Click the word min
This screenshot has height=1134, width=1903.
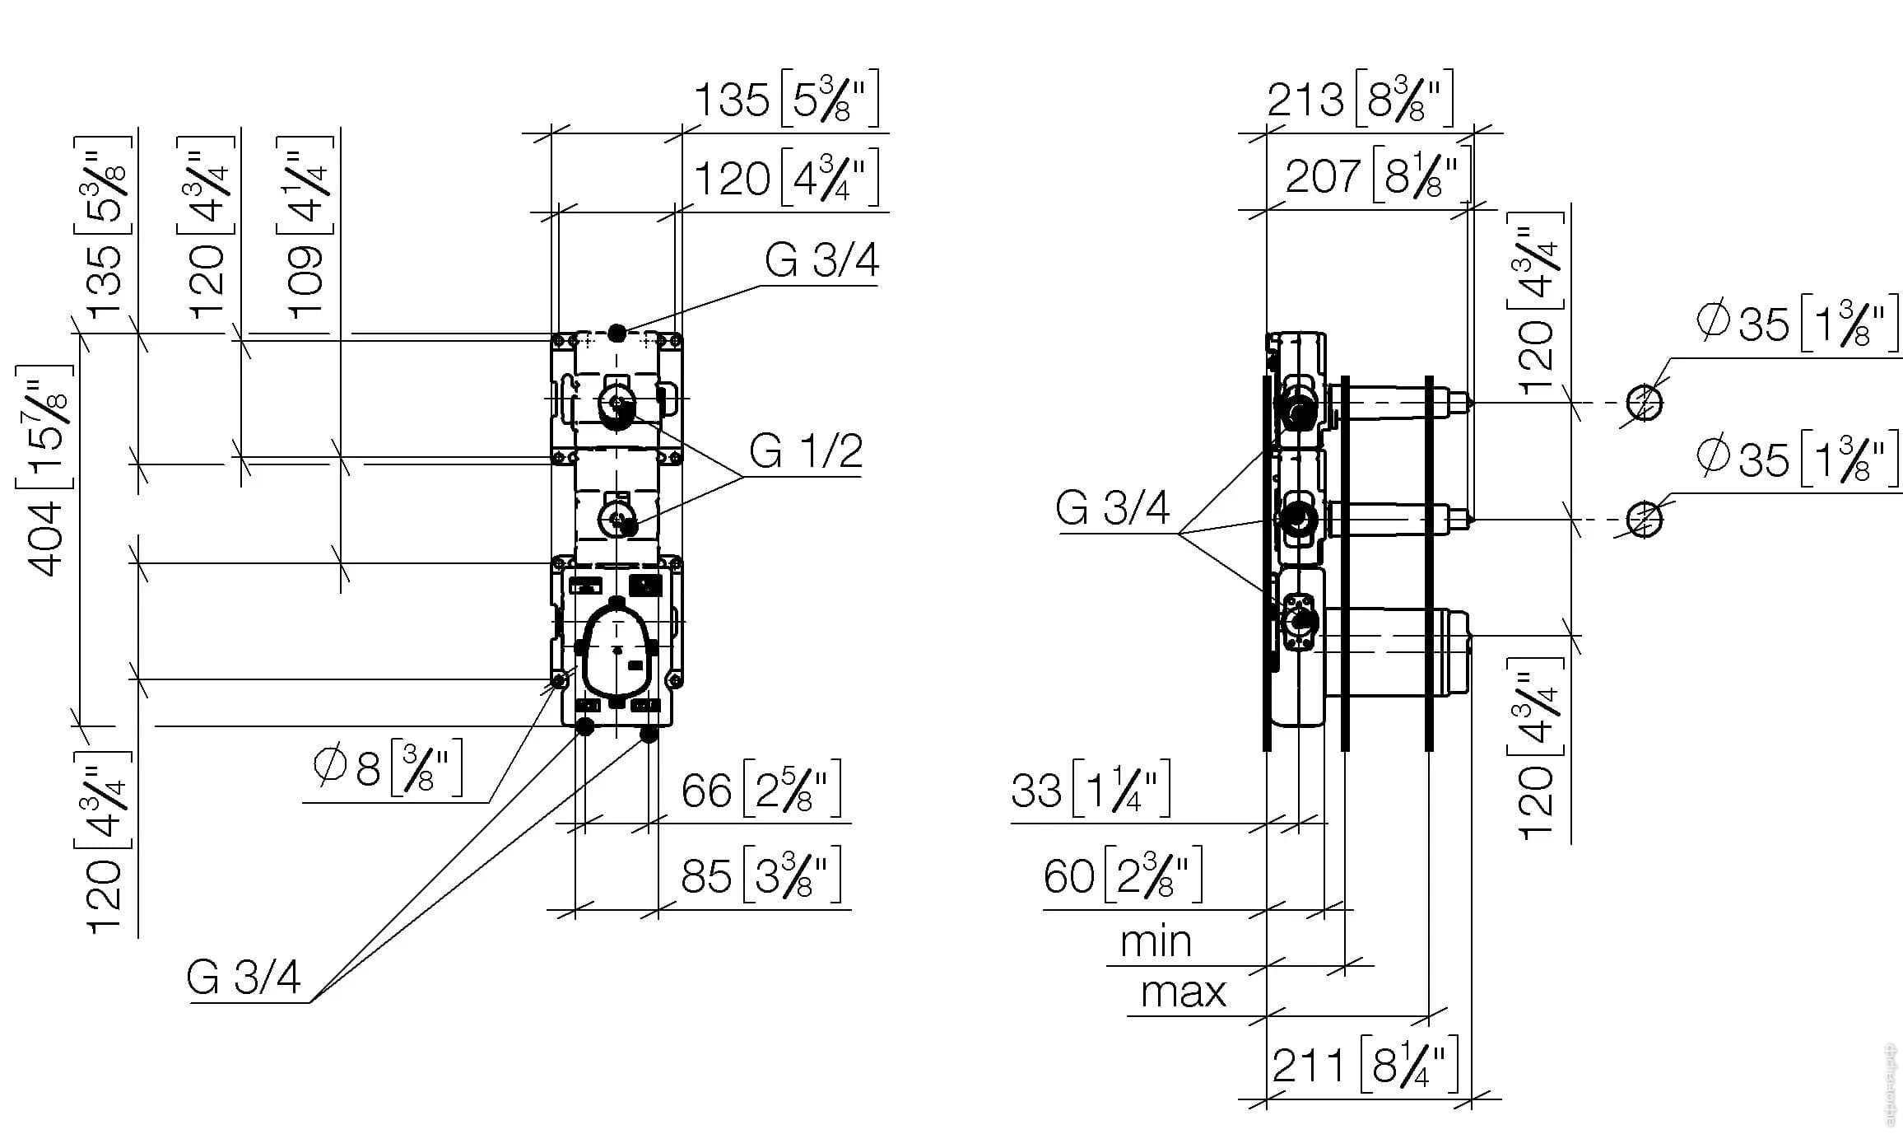tap(1156, 941)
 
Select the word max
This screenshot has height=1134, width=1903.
tap(1183, 992)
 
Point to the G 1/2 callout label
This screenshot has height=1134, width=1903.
tap(806, 450)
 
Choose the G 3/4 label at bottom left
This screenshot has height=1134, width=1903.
tap(244, 978)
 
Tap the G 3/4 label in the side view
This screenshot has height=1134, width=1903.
tap(1112, 508)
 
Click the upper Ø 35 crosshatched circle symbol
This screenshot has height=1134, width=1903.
tap(1645, 403)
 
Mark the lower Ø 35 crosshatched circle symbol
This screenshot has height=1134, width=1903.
tap(1645, 520)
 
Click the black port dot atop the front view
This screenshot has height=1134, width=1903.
tap(616, 334)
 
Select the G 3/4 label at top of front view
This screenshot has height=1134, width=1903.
tap(821, 260)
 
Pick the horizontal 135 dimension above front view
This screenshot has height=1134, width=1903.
tap(787, 99)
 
